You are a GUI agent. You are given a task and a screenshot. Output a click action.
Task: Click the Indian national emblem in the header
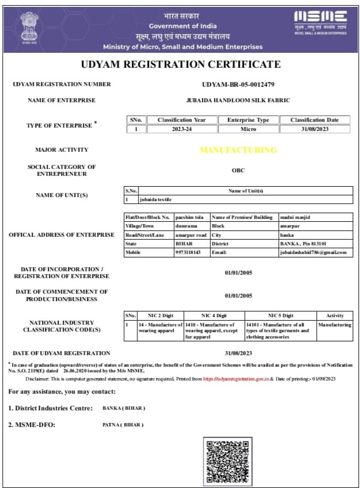(x=28, y=26)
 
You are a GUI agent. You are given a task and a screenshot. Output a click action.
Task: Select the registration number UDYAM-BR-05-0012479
(x=238, y=84)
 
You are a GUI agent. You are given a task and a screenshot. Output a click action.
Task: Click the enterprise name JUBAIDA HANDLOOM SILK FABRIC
(x=238, y=100)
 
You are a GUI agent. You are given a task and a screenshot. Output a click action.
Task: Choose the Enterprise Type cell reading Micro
(x=248, y=129)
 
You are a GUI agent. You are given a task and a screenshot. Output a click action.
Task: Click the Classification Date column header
(x=315, y=120)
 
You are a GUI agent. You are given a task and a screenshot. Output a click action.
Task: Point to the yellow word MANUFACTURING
(x=238, y=150)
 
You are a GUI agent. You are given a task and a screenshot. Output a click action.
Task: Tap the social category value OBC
(x=238, y=170)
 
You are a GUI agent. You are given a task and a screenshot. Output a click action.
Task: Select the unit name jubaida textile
(x=156, y=199)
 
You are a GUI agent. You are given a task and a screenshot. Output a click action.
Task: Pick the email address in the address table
(x=313, y=252)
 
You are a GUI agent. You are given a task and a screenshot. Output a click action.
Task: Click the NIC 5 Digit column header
(x=280, y=316)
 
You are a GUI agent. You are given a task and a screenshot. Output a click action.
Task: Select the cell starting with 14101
(x=280, y=331)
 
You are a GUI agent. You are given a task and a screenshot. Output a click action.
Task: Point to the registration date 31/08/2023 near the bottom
(x=238, y=353)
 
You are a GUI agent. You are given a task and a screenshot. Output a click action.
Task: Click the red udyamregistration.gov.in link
(x=236, y=379)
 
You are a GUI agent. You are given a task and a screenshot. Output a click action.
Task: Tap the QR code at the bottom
(x=225, y=461)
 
